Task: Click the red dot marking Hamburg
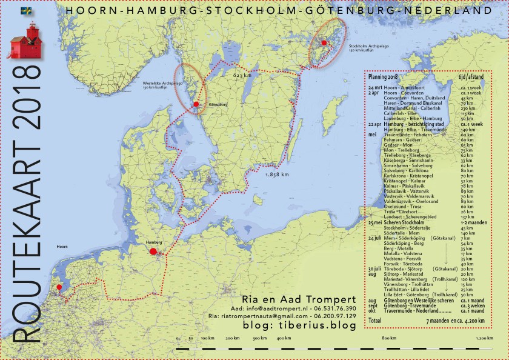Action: pos(153,251)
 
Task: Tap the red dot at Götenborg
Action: pos(196,105)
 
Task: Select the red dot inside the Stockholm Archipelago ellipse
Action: pos(324,42)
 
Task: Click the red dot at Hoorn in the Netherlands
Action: pos(59,287)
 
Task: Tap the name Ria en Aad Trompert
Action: pos(291,299)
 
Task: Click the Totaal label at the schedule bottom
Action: pos(376,319)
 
